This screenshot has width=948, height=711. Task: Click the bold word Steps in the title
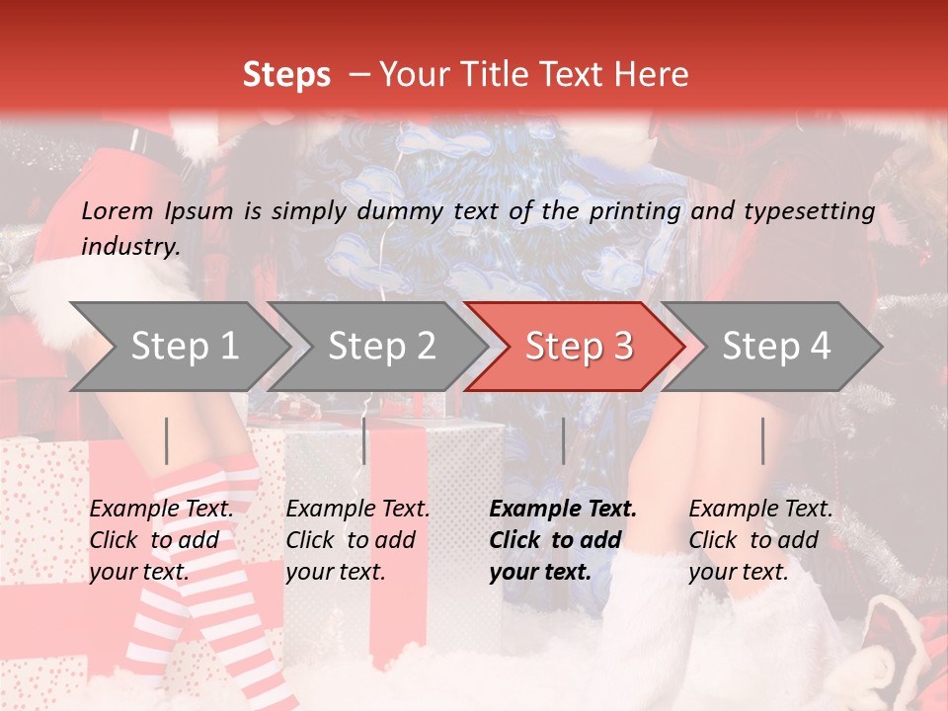click(286, 75)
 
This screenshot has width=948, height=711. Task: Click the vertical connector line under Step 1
click(167, 440)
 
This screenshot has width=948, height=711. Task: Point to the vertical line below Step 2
click(364, 440)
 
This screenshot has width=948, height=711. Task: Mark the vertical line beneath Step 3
click(563, 440)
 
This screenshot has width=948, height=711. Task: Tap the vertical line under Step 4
click(762, 440)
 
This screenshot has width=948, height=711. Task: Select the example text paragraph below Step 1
click(161, 540)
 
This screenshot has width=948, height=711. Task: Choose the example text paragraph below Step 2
click(357, 540)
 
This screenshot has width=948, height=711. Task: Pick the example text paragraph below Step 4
click(760, 540)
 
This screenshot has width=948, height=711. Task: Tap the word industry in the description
click(129, 246)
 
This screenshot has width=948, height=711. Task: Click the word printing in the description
click(636, 210)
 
